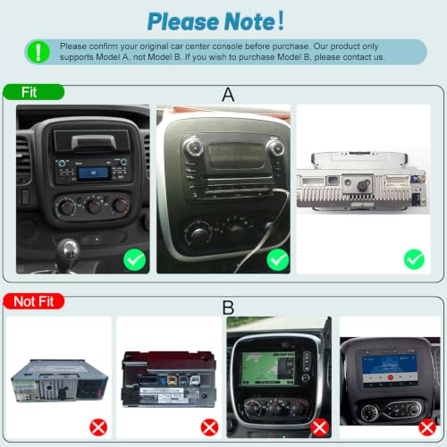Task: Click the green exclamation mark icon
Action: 38,52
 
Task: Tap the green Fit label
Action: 33,92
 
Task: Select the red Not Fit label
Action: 34,301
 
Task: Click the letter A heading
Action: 228,95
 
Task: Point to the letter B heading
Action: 228,308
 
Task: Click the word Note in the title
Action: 249,21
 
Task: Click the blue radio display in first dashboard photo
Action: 92,173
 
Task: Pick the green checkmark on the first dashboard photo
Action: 135,259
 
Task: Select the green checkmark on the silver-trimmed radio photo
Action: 278,259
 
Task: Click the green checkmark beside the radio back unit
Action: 414,259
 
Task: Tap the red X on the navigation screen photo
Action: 320,427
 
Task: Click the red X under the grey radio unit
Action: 98,427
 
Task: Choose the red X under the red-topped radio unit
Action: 209,427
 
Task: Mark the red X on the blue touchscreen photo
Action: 427,427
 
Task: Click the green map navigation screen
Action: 267,368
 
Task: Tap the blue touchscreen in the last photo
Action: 390,368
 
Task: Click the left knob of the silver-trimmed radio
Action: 194,148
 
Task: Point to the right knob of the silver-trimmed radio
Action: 275,148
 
